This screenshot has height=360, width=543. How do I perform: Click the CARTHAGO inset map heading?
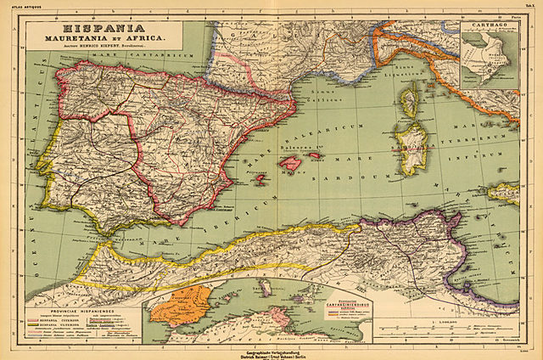click(x=486, y=26)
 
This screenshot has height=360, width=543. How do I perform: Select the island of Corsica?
click(x=410, y=100)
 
